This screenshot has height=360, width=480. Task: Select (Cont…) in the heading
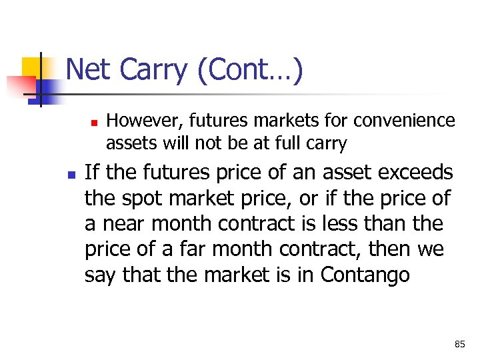[x=250, y=70]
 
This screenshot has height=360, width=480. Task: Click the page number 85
[x=459, y=344]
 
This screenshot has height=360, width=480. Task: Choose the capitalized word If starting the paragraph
[x=92, y=173]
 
